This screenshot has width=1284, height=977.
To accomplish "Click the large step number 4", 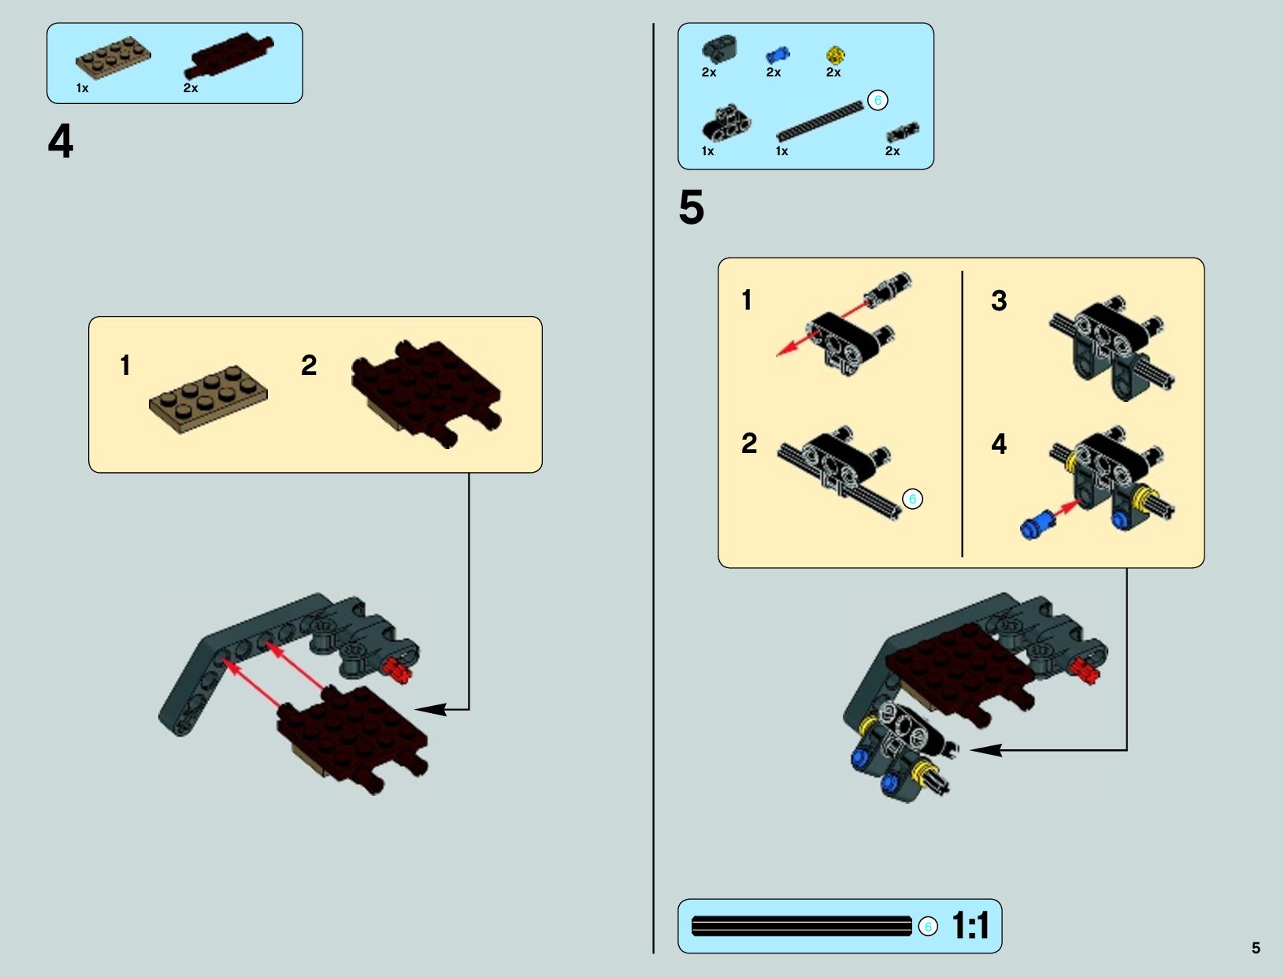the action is tap(60, 141).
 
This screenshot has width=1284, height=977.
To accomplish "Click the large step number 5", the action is tap(692, 207).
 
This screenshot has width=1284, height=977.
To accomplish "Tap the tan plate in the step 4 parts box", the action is tap(113, 58).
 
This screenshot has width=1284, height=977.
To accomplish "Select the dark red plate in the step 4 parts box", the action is tap(228, 55).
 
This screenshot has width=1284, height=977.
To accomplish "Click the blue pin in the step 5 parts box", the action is tap(777, 55).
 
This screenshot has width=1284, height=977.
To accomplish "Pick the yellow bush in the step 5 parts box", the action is tap(835, 55).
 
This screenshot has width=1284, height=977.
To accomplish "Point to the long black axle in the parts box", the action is tap(819, 121).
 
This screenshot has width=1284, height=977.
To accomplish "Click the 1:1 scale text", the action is tap(970, 926).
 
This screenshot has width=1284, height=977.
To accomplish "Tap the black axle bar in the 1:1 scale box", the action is tap(801, 926).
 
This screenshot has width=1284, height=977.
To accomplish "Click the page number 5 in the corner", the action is tap(1256, 948).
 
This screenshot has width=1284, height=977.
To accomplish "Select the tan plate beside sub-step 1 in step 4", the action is tap(208, 399).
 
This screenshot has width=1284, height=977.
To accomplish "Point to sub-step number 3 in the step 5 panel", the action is tap(999, 300).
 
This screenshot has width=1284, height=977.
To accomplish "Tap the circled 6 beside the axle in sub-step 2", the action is tap(912, 499).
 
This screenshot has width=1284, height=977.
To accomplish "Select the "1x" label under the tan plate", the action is tap(82, 88).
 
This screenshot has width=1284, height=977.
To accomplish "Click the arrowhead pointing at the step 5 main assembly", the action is tap(985, 750).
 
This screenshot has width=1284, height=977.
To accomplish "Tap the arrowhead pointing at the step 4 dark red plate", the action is tap(431, 709).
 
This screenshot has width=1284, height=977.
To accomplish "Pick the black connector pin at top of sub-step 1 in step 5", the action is tap(888, 289).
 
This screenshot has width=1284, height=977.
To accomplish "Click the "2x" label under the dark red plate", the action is tap(191, 88).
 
